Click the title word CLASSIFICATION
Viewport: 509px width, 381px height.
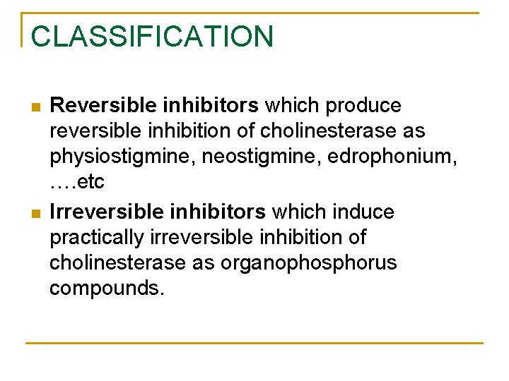[x=152, y=37]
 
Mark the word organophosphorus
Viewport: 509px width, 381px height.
[x=309, y=262]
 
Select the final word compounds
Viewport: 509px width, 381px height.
[x=106, y=288]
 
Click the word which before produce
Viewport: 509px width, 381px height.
[x=292, y=106]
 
